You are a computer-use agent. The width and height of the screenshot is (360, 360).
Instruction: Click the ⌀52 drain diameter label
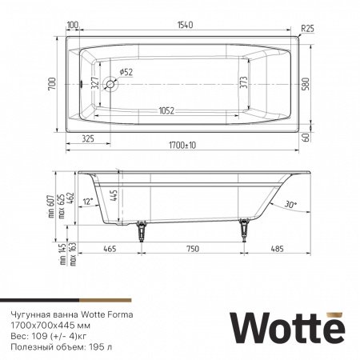tap(126, 72)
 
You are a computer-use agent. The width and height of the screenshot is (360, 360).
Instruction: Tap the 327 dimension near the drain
tap(95, 84)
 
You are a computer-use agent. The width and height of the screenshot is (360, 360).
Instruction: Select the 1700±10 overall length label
tap(185, 146)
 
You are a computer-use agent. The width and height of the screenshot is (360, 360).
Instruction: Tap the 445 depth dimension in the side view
tap(115, 195)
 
